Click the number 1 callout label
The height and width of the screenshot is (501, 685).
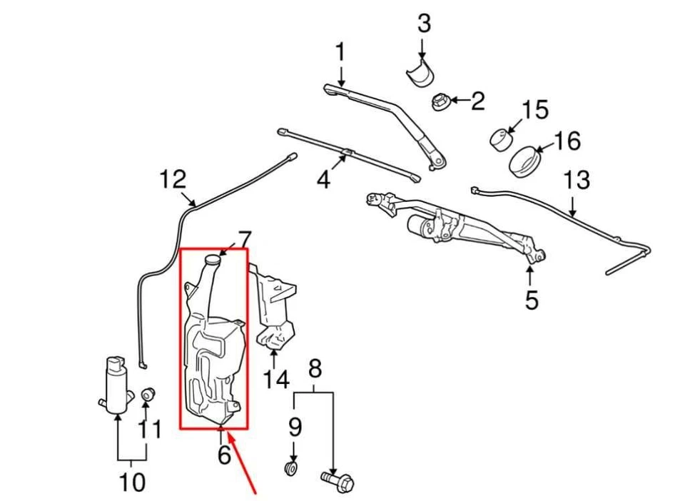click(340, 51)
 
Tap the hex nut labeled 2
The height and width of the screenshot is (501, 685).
click(440, 101)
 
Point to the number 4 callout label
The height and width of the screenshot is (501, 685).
click(324, 179)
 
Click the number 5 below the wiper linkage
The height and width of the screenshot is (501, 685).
click(532, 300)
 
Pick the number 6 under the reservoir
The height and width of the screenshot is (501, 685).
click(224, 454)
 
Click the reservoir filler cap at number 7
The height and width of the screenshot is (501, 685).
click(211, 260)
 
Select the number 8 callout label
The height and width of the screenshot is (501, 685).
click(315, 368)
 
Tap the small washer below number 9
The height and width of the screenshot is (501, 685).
click(290, 469)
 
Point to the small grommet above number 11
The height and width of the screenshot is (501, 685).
click(147, 393)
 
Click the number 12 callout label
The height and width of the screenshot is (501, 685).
click(172, 179)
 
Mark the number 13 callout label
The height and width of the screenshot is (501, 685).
click(577, 180)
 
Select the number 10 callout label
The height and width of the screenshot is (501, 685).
click(132, 482)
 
